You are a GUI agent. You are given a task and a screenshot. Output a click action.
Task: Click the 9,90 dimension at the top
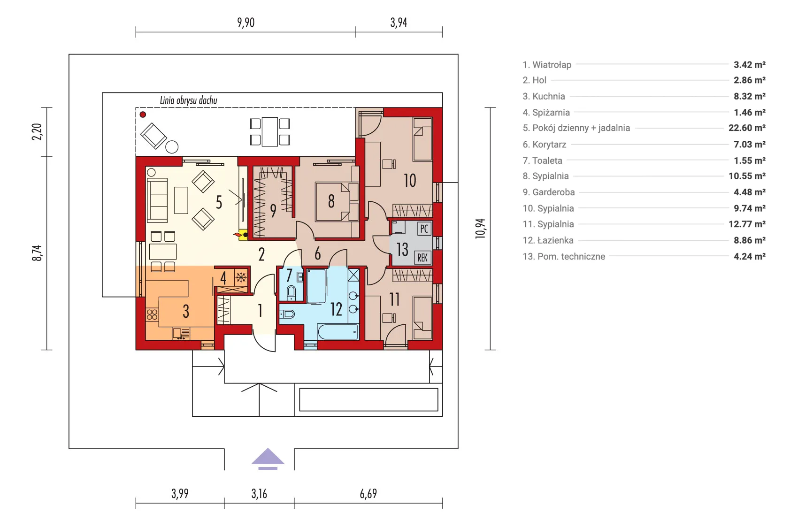[246, 23]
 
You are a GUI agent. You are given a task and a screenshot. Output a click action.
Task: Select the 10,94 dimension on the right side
[480, 229]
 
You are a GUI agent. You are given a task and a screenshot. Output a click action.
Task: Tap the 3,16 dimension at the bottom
[259, 493]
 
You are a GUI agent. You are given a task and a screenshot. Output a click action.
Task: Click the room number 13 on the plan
[402, 249]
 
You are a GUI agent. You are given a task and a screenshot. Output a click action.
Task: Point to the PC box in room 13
[424, 229]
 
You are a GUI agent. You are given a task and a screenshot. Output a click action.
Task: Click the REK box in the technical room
[422, 257]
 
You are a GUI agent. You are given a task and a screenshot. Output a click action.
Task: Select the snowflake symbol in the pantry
[241, 277]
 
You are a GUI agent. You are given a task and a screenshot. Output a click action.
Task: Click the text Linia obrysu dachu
[188, 100]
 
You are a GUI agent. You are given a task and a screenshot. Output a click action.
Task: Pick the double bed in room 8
[336, 202]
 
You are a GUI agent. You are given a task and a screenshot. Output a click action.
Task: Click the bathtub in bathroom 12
[338, 332]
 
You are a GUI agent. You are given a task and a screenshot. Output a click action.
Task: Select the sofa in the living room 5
[157, 200]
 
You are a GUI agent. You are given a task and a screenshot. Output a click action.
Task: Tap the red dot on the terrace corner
[143, 114]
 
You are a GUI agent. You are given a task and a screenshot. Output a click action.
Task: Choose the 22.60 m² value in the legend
[746, 128]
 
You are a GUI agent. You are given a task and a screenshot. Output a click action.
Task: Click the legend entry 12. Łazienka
[548, 240]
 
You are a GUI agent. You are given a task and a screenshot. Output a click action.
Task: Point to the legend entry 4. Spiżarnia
[546, 112]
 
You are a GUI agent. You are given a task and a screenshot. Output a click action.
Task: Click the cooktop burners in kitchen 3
[152, 314]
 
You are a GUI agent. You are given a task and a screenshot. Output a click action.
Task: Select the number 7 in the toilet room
[289, 275]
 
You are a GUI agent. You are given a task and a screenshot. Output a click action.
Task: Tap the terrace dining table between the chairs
[269, 132]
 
